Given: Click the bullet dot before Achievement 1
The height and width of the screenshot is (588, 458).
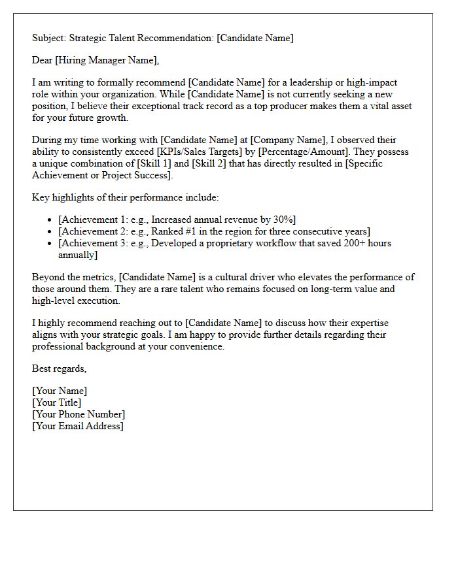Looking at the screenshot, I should point(50,220).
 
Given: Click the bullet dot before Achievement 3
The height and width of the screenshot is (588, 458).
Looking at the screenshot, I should point(50,244).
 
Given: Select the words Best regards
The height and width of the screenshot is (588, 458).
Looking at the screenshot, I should point(59,368).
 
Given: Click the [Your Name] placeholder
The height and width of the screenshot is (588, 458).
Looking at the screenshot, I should point(60,391).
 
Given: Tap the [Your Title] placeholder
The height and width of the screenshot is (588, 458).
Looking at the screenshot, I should point(57,402).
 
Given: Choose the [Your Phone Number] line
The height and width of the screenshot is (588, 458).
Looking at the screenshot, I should point(79,414).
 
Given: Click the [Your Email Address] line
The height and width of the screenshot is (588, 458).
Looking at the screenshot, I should point(78,426).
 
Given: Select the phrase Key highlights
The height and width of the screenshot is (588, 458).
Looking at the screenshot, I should point(63,197).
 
